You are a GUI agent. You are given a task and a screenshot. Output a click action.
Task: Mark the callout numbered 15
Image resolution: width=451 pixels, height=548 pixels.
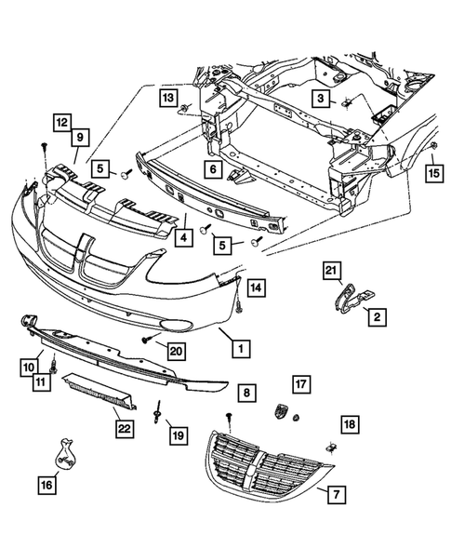click(x=432, y=173)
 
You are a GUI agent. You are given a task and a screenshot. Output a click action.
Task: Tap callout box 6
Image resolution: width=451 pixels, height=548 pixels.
click(x=212, y=169)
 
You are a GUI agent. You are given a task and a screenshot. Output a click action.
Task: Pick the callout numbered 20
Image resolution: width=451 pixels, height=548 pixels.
click(x=173, y=349)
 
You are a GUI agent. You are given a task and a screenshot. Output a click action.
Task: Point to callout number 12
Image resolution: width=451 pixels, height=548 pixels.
click(x=60, y=123)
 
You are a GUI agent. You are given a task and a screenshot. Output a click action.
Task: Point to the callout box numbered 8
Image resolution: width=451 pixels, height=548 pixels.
click(x=245, y=394)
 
